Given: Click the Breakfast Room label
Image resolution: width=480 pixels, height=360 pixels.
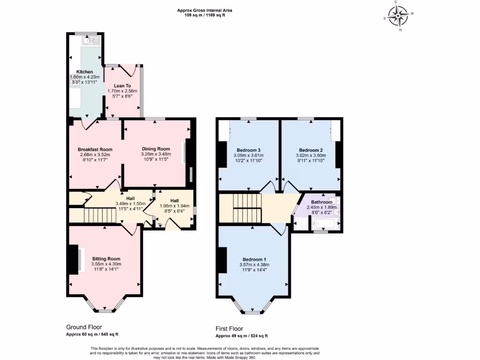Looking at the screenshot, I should pos(95,150).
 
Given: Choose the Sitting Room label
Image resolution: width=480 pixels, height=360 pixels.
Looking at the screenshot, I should pos(106,259).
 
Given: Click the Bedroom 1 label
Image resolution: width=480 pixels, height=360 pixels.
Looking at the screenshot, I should pos(254,259).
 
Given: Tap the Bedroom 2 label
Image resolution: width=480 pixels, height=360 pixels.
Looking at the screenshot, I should pos(310,150).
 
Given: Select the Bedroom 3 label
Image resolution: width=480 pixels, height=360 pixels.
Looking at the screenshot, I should pos(248,150).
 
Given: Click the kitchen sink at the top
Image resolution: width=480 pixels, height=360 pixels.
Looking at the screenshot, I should pos(90,41).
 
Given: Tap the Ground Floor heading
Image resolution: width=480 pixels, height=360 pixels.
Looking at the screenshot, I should pos(84,327).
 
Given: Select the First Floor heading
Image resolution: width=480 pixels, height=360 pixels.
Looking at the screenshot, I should pos(229,329).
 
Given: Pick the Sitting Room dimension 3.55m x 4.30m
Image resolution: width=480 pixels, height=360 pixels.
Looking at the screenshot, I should pos(106,264).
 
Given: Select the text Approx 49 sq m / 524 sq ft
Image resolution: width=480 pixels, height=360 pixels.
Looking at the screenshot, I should pos(241,336).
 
